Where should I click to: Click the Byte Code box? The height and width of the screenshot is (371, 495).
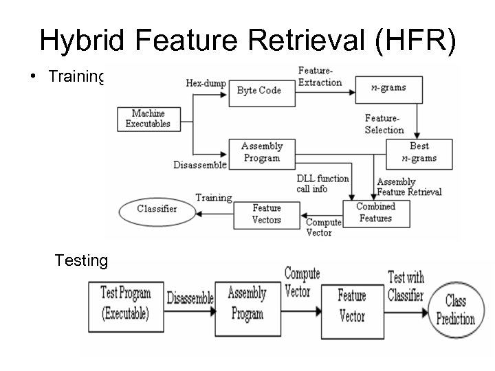click(x=258, y=91)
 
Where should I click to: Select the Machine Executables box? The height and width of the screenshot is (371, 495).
click(x=148, y=119)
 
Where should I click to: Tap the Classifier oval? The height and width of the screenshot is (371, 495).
click(x=157, y=208)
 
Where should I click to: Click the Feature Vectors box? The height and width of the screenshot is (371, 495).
click(x=267, y=213)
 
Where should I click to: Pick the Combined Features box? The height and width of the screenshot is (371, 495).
click(x=375, y=212)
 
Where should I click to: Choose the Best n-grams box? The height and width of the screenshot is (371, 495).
click(x=419, y=153)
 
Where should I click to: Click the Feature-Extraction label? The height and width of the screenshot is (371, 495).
click(x=320, y=77)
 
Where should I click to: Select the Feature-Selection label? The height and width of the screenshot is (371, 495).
click(x=384, y=124)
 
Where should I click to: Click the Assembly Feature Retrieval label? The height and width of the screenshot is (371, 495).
click(x=410, y=188)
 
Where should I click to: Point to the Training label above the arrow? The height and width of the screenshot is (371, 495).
click(x=213, y=198)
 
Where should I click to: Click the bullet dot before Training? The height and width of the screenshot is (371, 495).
click(x=34, y=77)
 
